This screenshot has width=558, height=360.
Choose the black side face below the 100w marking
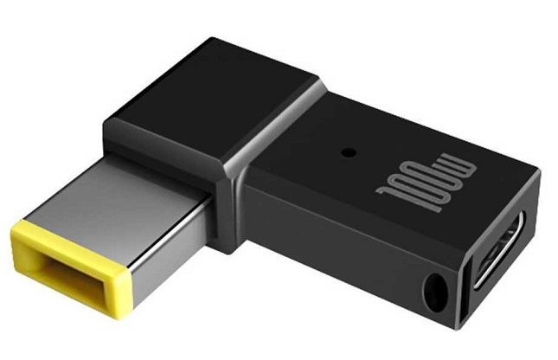pyautogui.click(x=346, y=251)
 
